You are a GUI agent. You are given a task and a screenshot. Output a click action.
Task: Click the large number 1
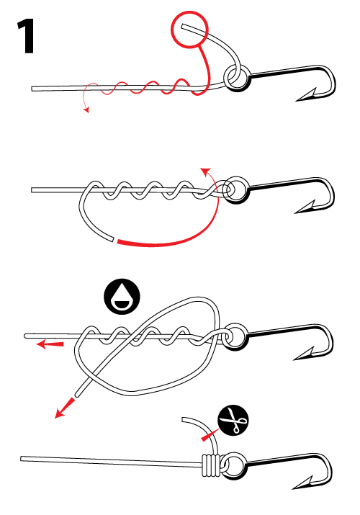[x=26, y=36]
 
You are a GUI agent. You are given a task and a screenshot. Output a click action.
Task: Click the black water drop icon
[x=122, y=297]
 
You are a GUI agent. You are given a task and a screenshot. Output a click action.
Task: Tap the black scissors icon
[x=233, y=421]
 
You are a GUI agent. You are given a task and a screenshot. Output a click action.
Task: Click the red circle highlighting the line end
[x=189, y=29]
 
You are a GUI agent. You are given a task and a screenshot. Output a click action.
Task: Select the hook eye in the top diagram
[x=237, y=79]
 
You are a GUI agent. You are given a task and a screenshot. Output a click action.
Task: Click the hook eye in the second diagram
[x=235, y=190]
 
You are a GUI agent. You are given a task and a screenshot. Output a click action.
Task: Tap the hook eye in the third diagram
[x=235, y=336]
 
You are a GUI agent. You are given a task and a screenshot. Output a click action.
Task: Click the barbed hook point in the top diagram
[x=306, y=95]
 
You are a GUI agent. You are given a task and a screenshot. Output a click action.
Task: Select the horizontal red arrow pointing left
[x=50, y=344]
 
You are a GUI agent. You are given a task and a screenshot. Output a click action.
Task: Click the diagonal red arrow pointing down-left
[x=65, y=408]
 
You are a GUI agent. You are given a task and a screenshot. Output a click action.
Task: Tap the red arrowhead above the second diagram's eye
[x=205, y=171]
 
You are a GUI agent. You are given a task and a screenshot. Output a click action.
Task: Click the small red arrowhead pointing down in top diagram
[x=86, y=110]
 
